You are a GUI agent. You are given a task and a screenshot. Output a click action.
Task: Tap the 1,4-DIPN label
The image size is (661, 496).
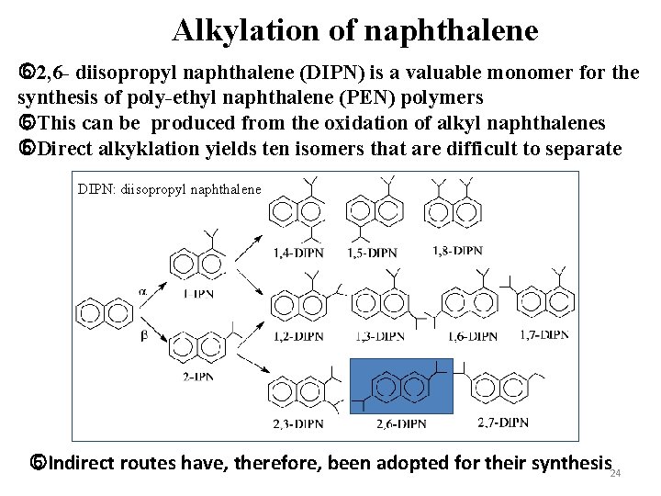click(297, 253)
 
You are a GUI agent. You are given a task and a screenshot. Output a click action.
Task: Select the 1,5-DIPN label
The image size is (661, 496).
click(372, 253)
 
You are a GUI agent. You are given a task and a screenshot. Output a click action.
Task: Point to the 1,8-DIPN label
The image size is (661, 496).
click(456, 251)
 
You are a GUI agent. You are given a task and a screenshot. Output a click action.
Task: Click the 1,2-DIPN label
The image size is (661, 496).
click(297, 336)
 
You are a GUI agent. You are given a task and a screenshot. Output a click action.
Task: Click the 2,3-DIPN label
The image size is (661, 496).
click(297, 423)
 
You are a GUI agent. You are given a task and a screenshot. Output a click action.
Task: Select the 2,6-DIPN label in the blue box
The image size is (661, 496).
click(401, 423)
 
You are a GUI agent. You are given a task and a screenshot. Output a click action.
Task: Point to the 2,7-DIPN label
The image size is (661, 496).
click(503, 423)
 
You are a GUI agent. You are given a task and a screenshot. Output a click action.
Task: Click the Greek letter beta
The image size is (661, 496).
click(142, 335)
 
